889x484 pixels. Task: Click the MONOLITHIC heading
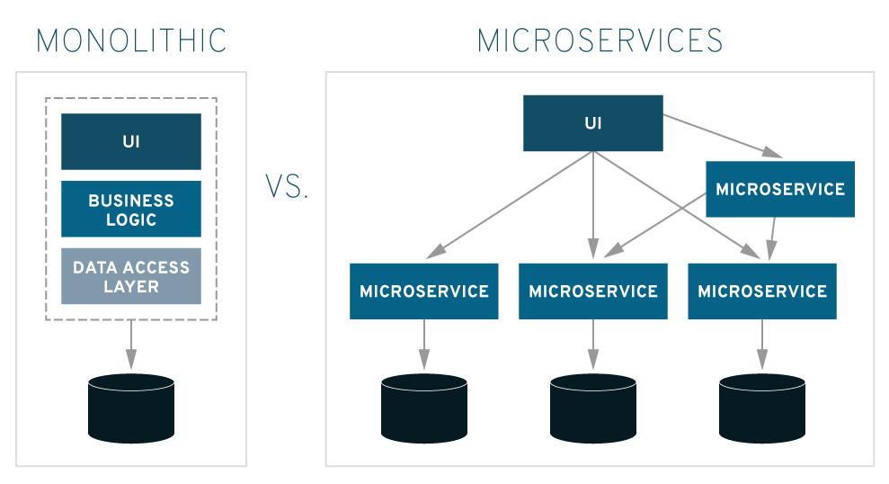tap(131, 40)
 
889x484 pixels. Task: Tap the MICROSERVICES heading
tap(600, 40)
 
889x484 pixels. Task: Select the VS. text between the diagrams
tap(287, 187)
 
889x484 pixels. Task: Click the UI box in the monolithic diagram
tap(131, 141)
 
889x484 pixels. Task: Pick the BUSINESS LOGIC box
tap(131, 209)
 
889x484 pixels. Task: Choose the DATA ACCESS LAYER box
tap(131, 276)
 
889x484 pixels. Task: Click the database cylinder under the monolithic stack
tap(131, 408)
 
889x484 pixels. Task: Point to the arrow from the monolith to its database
tap(131, 345)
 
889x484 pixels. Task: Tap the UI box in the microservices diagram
tap(593, 123)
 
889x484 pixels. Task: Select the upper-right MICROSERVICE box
tap(780, 189)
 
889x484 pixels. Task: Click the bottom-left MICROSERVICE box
tap(424, 291)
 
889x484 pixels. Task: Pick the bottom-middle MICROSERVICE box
tap(593, 291)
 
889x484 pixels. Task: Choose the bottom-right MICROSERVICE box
tap(762, 291)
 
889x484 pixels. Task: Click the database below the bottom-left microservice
tap(424, 408)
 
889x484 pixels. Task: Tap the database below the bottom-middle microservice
tap(593, 408)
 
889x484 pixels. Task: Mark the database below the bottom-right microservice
tap(762, 408)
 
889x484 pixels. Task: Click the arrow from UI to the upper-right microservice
tap(723, 136)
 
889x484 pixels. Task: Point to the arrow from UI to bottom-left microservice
tap(509, 205)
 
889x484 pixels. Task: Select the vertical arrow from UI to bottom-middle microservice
tap(593, 205)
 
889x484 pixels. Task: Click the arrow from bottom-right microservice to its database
tap(762, 345)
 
